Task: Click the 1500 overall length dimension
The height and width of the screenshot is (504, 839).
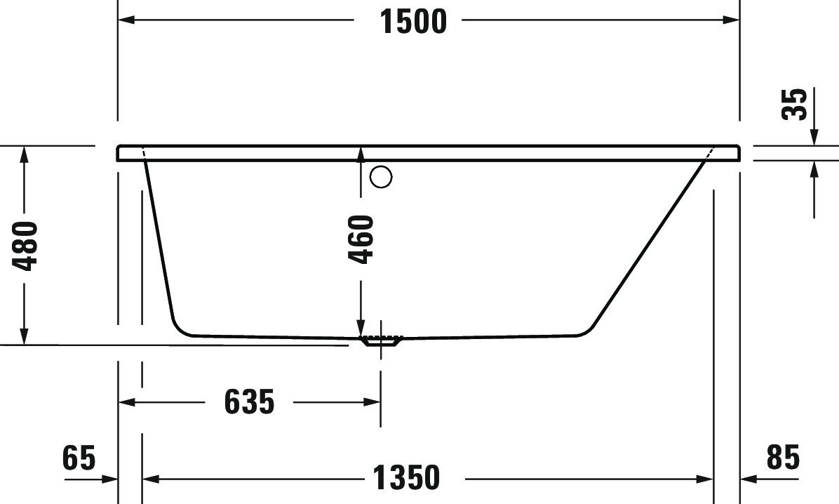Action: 413,21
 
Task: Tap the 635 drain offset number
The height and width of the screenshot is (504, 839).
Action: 249,402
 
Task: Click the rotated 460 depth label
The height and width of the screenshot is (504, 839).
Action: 361,239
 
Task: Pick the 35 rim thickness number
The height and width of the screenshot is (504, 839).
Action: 795,104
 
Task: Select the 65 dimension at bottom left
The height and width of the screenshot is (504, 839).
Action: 78,458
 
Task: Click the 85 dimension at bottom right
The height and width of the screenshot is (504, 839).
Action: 783,458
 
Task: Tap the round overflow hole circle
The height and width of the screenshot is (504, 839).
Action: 381,177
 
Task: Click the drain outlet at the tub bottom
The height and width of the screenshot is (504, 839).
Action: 380,341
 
